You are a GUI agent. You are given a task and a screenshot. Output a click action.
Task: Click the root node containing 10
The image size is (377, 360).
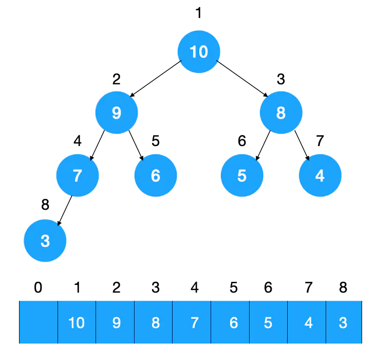click(x=199, y=51)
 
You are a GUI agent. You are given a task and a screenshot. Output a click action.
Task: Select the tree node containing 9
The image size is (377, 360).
click(x=117, y=113)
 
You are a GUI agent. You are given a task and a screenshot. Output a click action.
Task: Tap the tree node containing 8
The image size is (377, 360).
click(x=281, y=113)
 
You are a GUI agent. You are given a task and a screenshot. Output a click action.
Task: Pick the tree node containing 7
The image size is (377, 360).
click(x=77, y=175)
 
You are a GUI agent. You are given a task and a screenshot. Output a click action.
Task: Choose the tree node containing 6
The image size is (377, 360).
click(x=156, y=175)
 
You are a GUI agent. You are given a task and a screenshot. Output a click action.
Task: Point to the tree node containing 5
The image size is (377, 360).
click(x=242, y=175)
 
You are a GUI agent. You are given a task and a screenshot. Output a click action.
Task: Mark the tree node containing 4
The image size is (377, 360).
click(x=320, y=175)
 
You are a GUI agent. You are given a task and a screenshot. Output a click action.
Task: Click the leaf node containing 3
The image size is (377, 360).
click(x=45, y=240)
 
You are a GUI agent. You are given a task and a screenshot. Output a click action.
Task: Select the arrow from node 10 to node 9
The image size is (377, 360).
click(x=156, y=79)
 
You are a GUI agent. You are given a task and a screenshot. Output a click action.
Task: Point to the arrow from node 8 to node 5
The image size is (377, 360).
click(x=263, y=144)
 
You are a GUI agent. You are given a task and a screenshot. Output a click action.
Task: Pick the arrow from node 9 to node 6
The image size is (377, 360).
click(x=136, y=145)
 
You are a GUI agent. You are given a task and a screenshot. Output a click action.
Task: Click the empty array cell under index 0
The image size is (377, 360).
click(x=39, y=322)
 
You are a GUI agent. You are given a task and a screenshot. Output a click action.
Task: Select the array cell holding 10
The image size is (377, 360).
click(x=77, y=322)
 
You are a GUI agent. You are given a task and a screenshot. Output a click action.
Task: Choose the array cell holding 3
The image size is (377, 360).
click(x=344, y=322)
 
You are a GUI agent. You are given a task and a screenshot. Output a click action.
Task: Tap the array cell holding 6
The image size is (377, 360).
click(x=234, y=322)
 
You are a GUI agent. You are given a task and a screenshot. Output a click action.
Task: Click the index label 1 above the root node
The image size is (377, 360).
click(x=199, y=13)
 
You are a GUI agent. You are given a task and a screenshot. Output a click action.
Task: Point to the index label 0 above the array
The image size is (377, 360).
click(x=38, y=287)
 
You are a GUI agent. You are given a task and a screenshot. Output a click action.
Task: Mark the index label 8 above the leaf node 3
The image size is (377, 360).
click(x=45, y=205)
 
